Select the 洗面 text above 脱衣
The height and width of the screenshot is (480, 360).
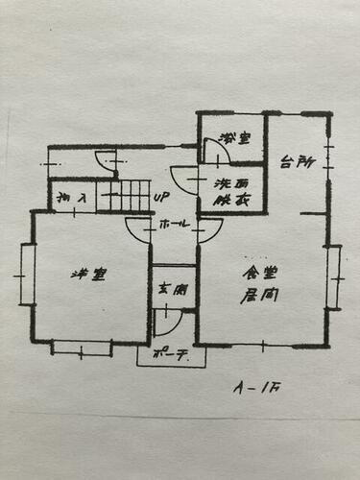pos(229,182)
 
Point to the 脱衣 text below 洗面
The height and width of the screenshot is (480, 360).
pos(228,201)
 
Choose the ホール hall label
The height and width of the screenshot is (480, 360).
pos(173,226)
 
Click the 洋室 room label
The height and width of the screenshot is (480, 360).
pos(88,275)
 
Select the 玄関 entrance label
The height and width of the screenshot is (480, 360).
pos(173,287)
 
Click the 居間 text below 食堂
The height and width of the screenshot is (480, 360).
pos(254,297)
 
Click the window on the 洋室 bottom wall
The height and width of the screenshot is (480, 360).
pos(81,347)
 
